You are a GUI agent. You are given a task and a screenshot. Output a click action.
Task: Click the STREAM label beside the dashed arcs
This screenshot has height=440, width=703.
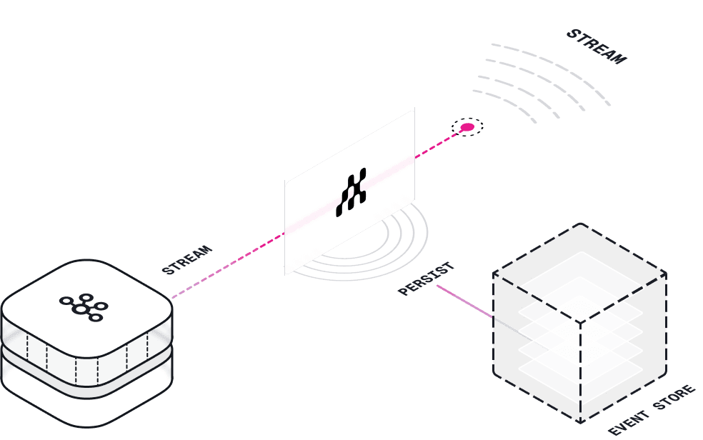click(x=596, y=46)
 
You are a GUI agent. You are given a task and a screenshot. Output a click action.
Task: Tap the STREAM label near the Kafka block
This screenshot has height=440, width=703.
click(x=187, y=260)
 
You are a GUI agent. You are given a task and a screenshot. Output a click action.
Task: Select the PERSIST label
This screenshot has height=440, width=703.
click(x=426, y=279)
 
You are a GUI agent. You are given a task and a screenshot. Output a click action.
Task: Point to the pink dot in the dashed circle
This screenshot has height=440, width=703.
click(x=467, y=127)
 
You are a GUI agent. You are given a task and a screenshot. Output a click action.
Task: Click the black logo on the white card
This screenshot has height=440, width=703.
click(x=351, y=193)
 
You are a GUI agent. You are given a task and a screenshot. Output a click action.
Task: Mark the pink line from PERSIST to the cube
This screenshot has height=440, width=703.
click(x=464, y=301)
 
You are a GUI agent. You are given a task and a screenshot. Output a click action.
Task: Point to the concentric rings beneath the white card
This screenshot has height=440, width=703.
click(x=400, y=250)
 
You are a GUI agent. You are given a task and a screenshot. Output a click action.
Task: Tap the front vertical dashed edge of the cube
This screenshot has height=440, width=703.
click(x=580, y=371)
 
